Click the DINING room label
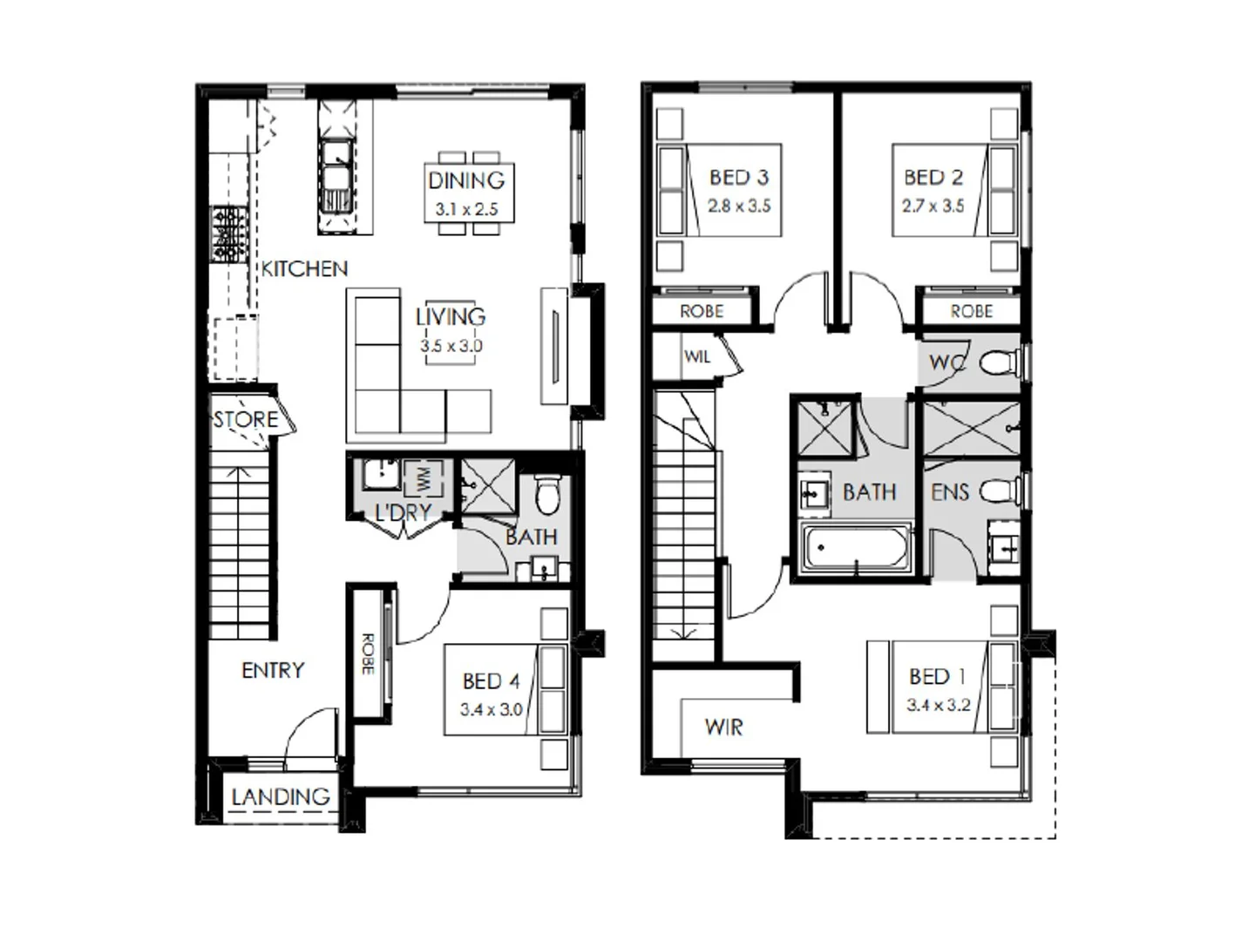466,180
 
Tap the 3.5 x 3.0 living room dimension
451,346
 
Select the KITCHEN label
304,268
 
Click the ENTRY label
273,670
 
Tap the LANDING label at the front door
281,796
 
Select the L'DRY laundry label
403,512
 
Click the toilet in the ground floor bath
547,494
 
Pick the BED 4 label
491,680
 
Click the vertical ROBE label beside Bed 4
368,653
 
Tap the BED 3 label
739,178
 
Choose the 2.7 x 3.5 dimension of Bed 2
933,206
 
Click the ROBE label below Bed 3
702,311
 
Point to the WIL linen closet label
697,356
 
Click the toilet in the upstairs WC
998,362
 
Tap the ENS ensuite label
949,492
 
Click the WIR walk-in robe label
723,727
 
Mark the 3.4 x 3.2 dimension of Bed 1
938,705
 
